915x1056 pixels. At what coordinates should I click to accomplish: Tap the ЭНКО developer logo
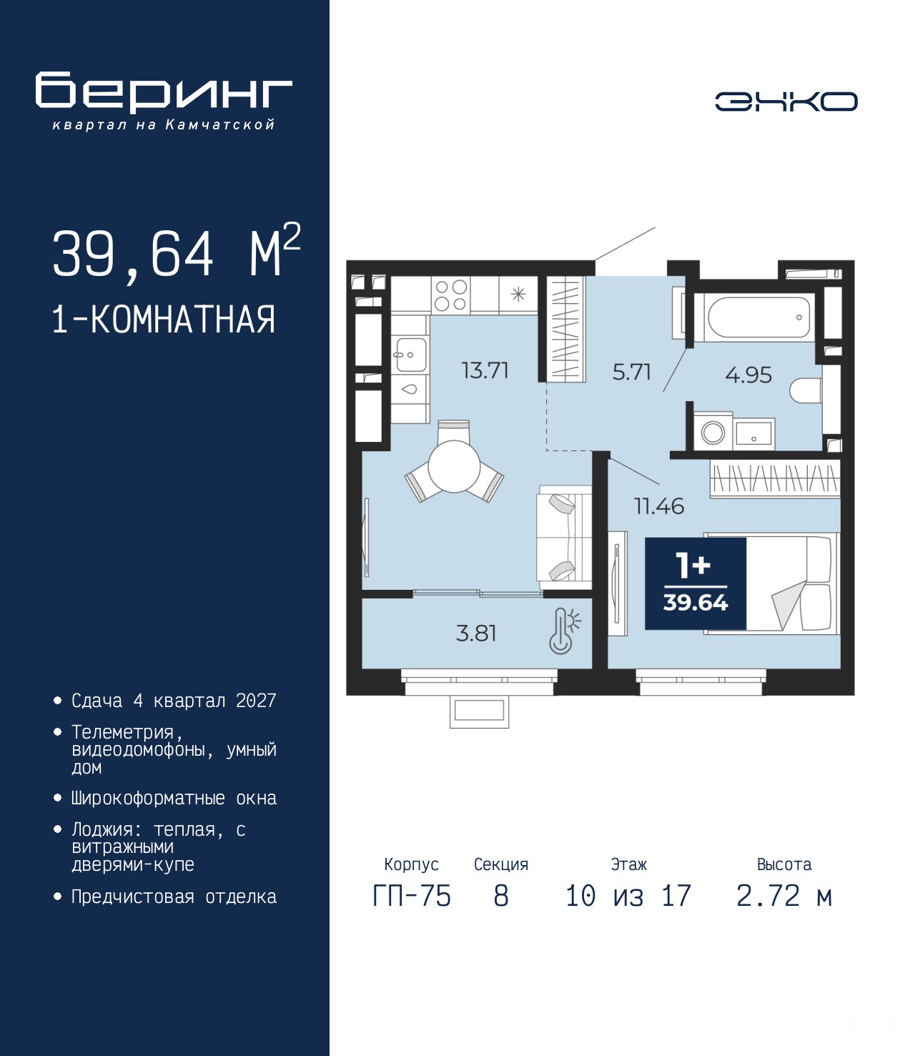pyautogui.click(x=786, y=101)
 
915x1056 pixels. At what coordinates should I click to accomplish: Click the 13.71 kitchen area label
pyautogui.click(x=485, y=370)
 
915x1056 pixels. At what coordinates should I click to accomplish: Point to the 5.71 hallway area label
pyautogui.click(x=631, y=372)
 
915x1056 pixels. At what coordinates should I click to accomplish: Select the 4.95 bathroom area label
pyautogui.click(x=748, y=375)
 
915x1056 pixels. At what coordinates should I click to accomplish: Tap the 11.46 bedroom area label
pyautogui.click(x=659, y=506)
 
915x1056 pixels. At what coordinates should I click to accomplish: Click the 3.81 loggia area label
pyautogui.click(x=476, y=633)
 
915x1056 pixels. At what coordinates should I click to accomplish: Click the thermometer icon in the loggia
pyautogui.click(x=564, y=631)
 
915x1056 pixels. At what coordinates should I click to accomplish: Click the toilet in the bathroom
pyautogui.click(x=805, y=391)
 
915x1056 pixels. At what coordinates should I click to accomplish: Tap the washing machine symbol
pyautogui.click(x=713, y=433)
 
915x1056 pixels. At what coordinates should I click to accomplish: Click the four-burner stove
pyautogui.click(x=451, y=295)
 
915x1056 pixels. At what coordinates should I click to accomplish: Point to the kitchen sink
pyautogui.click(x=410, y=354)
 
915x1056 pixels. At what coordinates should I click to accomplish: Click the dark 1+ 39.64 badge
pyautogui.click(x=696, y=583)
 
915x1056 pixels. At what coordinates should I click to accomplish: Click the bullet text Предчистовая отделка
pyautogui.click(x=174, y=912)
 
